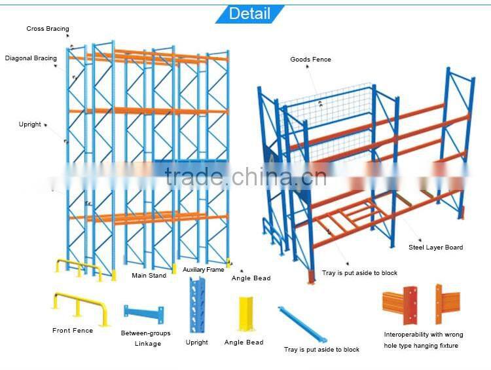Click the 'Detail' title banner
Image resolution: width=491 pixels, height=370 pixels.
tap(249, 13)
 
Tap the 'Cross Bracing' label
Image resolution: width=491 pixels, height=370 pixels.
tap(47, 29)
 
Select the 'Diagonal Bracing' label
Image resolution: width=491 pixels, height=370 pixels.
tap(31, 58)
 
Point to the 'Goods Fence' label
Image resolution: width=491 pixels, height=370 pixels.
tap(310, 60)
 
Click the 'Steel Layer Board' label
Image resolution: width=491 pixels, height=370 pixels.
tap(435, 248)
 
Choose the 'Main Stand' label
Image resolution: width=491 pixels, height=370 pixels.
tap(149, 276)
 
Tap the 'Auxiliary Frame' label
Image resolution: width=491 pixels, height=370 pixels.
tap(203, 270)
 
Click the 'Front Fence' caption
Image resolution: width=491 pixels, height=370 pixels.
tap(73, 331)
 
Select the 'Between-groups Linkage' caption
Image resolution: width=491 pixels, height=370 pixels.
tap(145, 338)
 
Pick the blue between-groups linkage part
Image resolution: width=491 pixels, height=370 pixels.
tap(144, 311)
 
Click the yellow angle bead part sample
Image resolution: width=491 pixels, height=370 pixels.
tap(244, 313)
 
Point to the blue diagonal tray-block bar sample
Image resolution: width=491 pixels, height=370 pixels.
tap(301, 322)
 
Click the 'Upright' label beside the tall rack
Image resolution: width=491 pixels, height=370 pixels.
tap(29, 124)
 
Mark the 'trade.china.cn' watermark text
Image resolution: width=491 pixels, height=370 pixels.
tap(245, 176)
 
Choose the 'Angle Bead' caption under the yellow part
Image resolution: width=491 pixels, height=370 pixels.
tap(244, 342)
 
